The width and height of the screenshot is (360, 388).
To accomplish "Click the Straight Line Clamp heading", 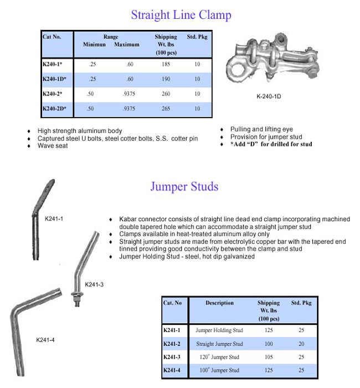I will (x=181, y=14).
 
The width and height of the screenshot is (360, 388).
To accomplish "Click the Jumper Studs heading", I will (x=184, y=186).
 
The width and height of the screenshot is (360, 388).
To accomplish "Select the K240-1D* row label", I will (x=54, y=79).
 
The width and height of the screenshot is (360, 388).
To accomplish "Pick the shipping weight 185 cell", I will (x=165, y=64).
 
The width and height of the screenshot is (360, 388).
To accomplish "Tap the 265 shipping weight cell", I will (x=165, y=109).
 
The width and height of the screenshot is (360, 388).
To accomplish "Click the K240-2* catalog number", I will (x=53, y=94).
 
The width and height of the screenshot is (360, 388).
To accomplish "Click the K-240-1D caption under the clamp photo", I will (x=269, y=96).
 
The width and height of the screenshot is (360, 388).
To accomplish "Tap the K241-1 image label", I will (x=54, y=218).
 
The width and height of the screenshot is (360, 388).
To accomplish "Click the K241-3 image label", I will (x=95, y=284).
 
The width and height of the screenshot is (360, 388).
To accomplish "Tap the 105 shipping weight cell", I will (x=268, y=357).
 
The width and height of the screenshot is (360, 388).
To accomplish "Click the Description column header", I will (x=219, y=303).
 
